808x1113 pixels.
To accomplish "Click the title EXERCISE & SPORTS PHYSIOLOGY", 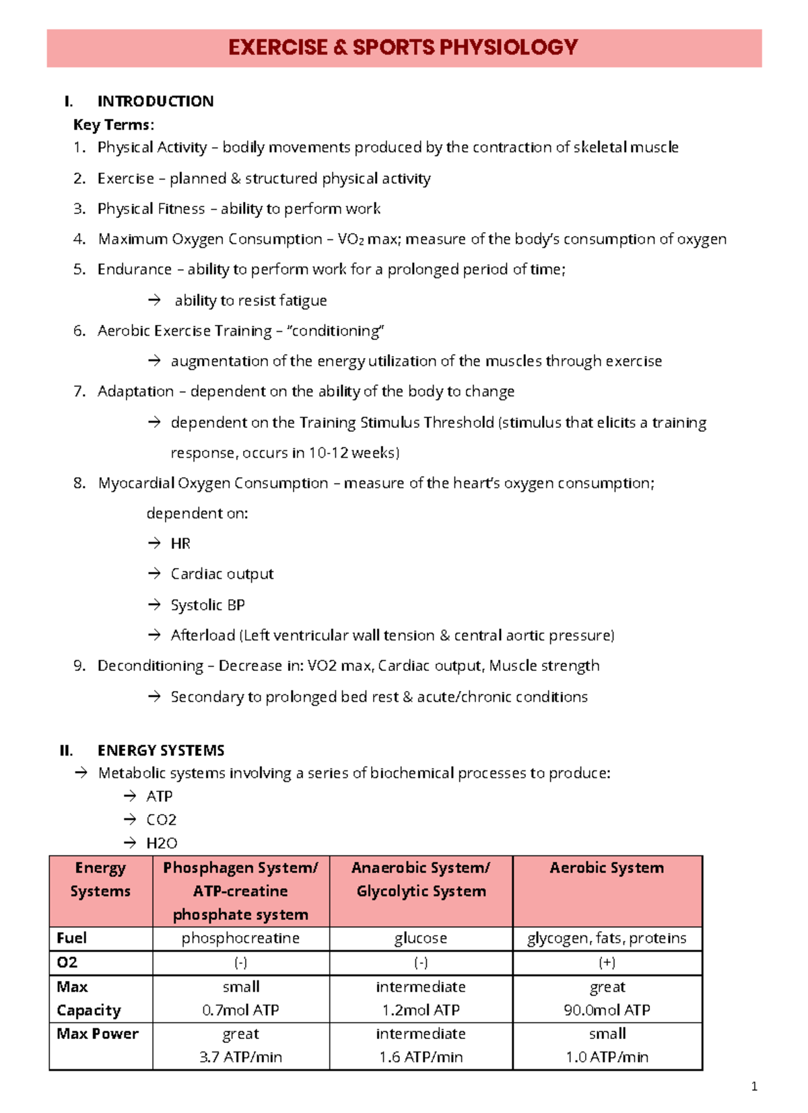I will pos(403,47).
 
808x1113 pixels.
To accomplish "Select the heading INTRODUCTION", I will pos(156,101).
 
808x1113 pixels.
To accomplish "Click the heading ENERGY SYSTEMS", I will pos(161,750).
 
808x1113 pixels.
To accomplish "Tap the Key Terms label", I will pos(113,124).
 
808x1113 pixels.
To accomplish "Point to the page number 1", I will pos(754,1086).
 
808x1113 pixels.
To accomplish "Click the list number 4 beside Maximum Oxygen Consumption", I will pos(79,239).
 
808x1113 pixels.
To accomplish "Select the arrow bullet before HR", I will pos(154,542).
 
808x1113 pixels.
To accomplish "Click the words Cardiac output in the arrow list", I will pos(222,574).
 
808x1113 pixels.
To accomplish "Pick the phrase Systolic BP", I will pos(207,605).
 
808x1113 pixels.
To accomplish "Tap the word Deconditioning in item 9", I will pos(150,666).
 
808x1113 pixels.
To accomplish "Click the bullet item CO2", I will pos(161,820).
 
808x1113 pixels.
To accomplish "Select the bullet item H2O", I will pos(162,843).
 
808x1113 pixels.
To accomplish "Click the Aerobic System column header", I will pos(607,868).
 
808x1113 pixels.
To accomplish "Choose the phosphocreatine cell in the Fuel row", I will pos(240,938).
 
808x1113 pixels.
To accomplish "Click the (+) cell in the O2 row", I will pos(607,962).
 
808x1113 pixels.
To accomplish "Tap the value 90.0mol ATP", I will pos(607,1010).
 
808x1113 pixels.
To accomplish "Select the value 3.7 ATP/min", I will pos(240,1057).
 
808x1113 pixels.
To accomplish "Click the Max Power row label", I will pos(98,1034).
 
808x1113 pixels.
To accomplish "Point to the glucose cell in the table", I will pos(421,938).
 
